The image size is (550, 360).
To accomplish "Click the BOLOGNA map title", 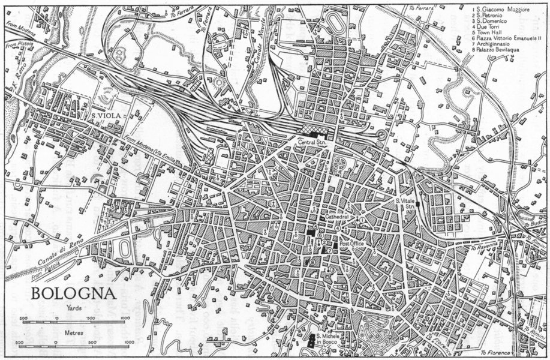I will (67, 295).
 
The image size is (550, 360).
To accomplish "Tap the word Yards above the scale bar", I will (74, 310).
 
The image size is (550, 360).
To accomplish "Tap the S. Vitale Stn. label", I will (406, 203).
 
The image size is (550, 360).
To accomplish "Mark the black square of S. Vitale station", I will (417, 205).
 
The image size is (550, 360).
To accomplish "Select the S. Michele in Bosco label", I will (328, 339).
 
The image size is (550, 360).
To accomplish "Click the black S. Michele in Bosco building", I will (311, 341).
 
